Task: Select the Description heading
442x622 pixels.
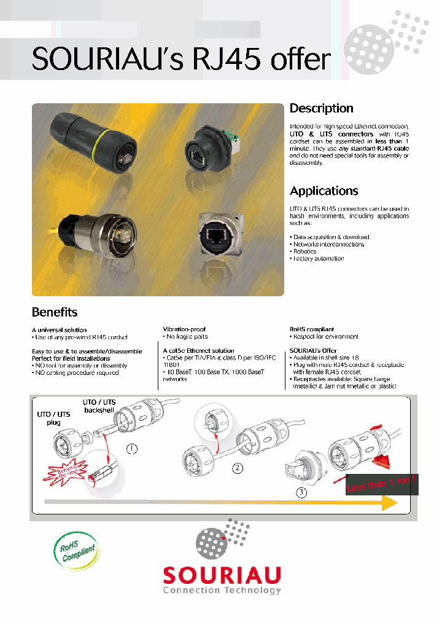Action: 321,108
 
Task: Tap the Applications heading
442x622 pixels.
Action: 324,191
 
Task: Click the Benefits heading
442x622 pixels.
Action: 55,312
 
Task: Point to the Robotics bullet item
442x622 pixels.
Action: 304,251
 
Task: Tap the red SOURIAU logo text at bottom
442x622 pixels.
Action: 222,575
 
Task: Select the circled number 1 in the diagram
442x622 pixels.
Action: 131,448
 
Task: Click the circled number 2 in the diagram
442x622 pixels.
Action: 238,468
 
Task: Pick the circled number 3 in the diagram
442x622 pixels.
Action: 301,492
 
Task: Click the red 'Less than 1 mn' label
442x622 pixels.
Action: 381,484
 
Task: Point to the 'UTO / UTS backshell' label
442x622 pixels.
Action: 99,406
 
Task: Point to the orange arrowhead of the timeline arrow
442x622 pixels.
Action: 389,503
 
